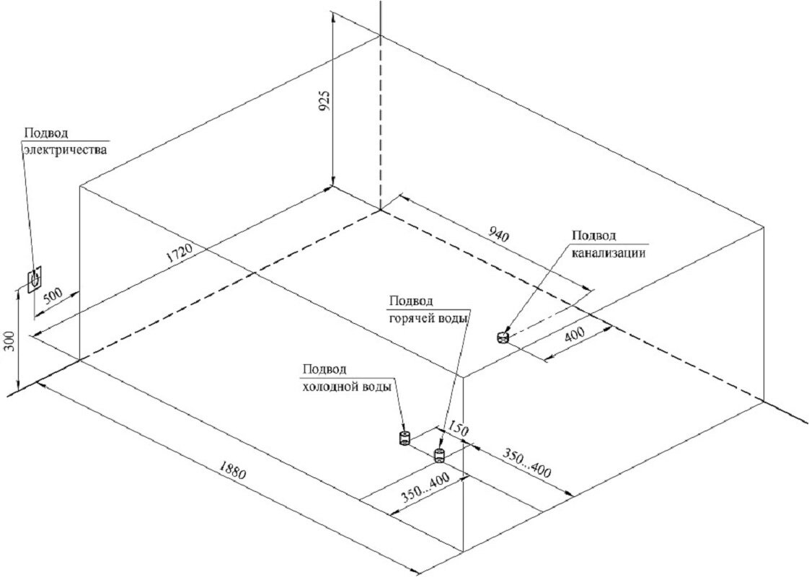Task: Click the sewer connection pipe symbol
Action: click(x=503, y=336)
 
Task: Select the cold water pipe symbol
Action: click(x=404, y=437)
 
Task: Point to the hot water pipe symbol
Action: click(x=438, y=454)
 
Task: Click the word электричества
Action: click(x=66, y=151)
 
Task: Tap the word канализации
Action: click(x=608, y=253)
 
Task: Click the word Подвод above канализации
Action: click(x=594, y=236)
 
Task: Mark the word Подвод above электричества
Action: click(x=47, y=133)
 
